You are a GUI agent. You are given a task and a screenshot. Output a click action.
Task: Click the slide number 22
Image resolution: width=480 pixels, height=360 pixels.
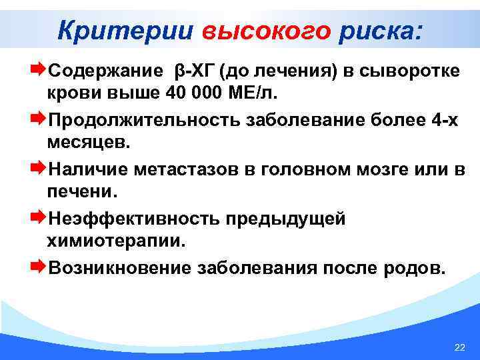459,348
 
